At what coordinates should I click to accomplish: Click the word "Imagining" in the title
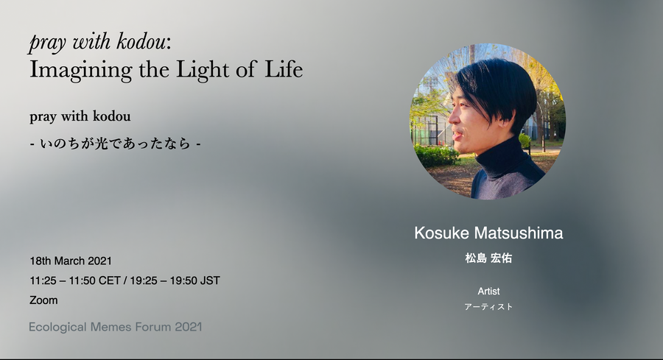pos(81,70)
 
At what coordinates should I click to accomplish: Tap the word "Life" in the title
pos(284,69)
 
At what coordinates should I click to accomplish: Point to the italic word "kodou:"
pos(144,41)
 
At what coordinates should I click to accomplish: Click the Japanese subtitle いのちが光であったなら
pos(115,144)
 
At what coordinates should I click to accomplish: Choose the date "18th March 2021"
pos(71,261)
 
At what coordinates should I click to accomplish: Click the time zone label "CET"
pos(110,280)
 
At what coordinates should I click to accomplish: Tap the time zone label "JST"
pos(210,280)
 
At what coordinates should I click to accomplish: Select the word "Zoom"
pos(43,300)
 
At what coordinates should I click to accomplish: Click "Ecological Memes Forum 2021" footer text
pos(116,327)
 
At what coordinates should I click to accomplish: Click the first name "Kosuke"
pos(442,233)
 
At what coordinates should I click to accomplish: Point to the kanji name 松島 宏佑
pos(488,258)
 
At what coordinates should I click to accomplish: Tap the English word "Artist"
pos(489,291)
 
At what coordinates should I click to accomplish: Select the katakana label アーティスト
pos(488,307)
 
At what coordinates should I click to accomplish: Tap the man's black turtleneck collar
pos(500,158)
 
